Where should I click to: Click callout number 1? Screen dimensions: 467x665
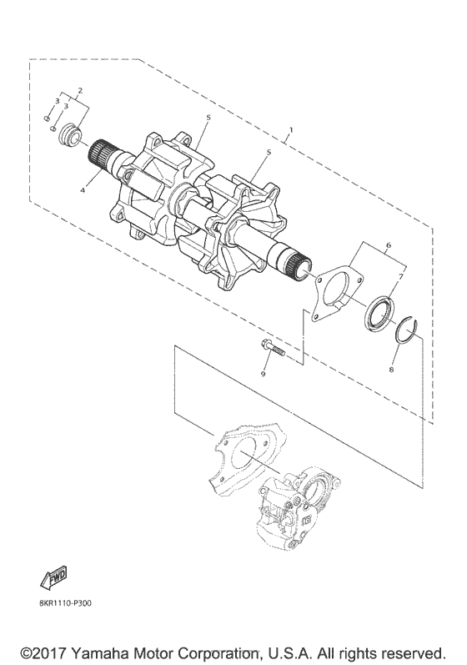pos(290,129)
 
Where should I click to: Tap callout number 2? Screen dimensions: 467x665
pos(80,90)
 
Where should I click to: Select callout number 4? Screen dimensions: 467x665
pos(83,191)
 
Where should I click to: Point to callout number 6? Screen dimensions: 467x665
pos(389,245)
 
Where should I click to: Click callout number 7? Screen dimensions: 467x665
pos(401,276)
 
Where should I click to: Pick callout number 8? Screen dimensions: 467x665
pos(392,370)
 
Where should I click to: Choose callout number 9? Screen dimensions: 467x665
pos(263,374)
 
